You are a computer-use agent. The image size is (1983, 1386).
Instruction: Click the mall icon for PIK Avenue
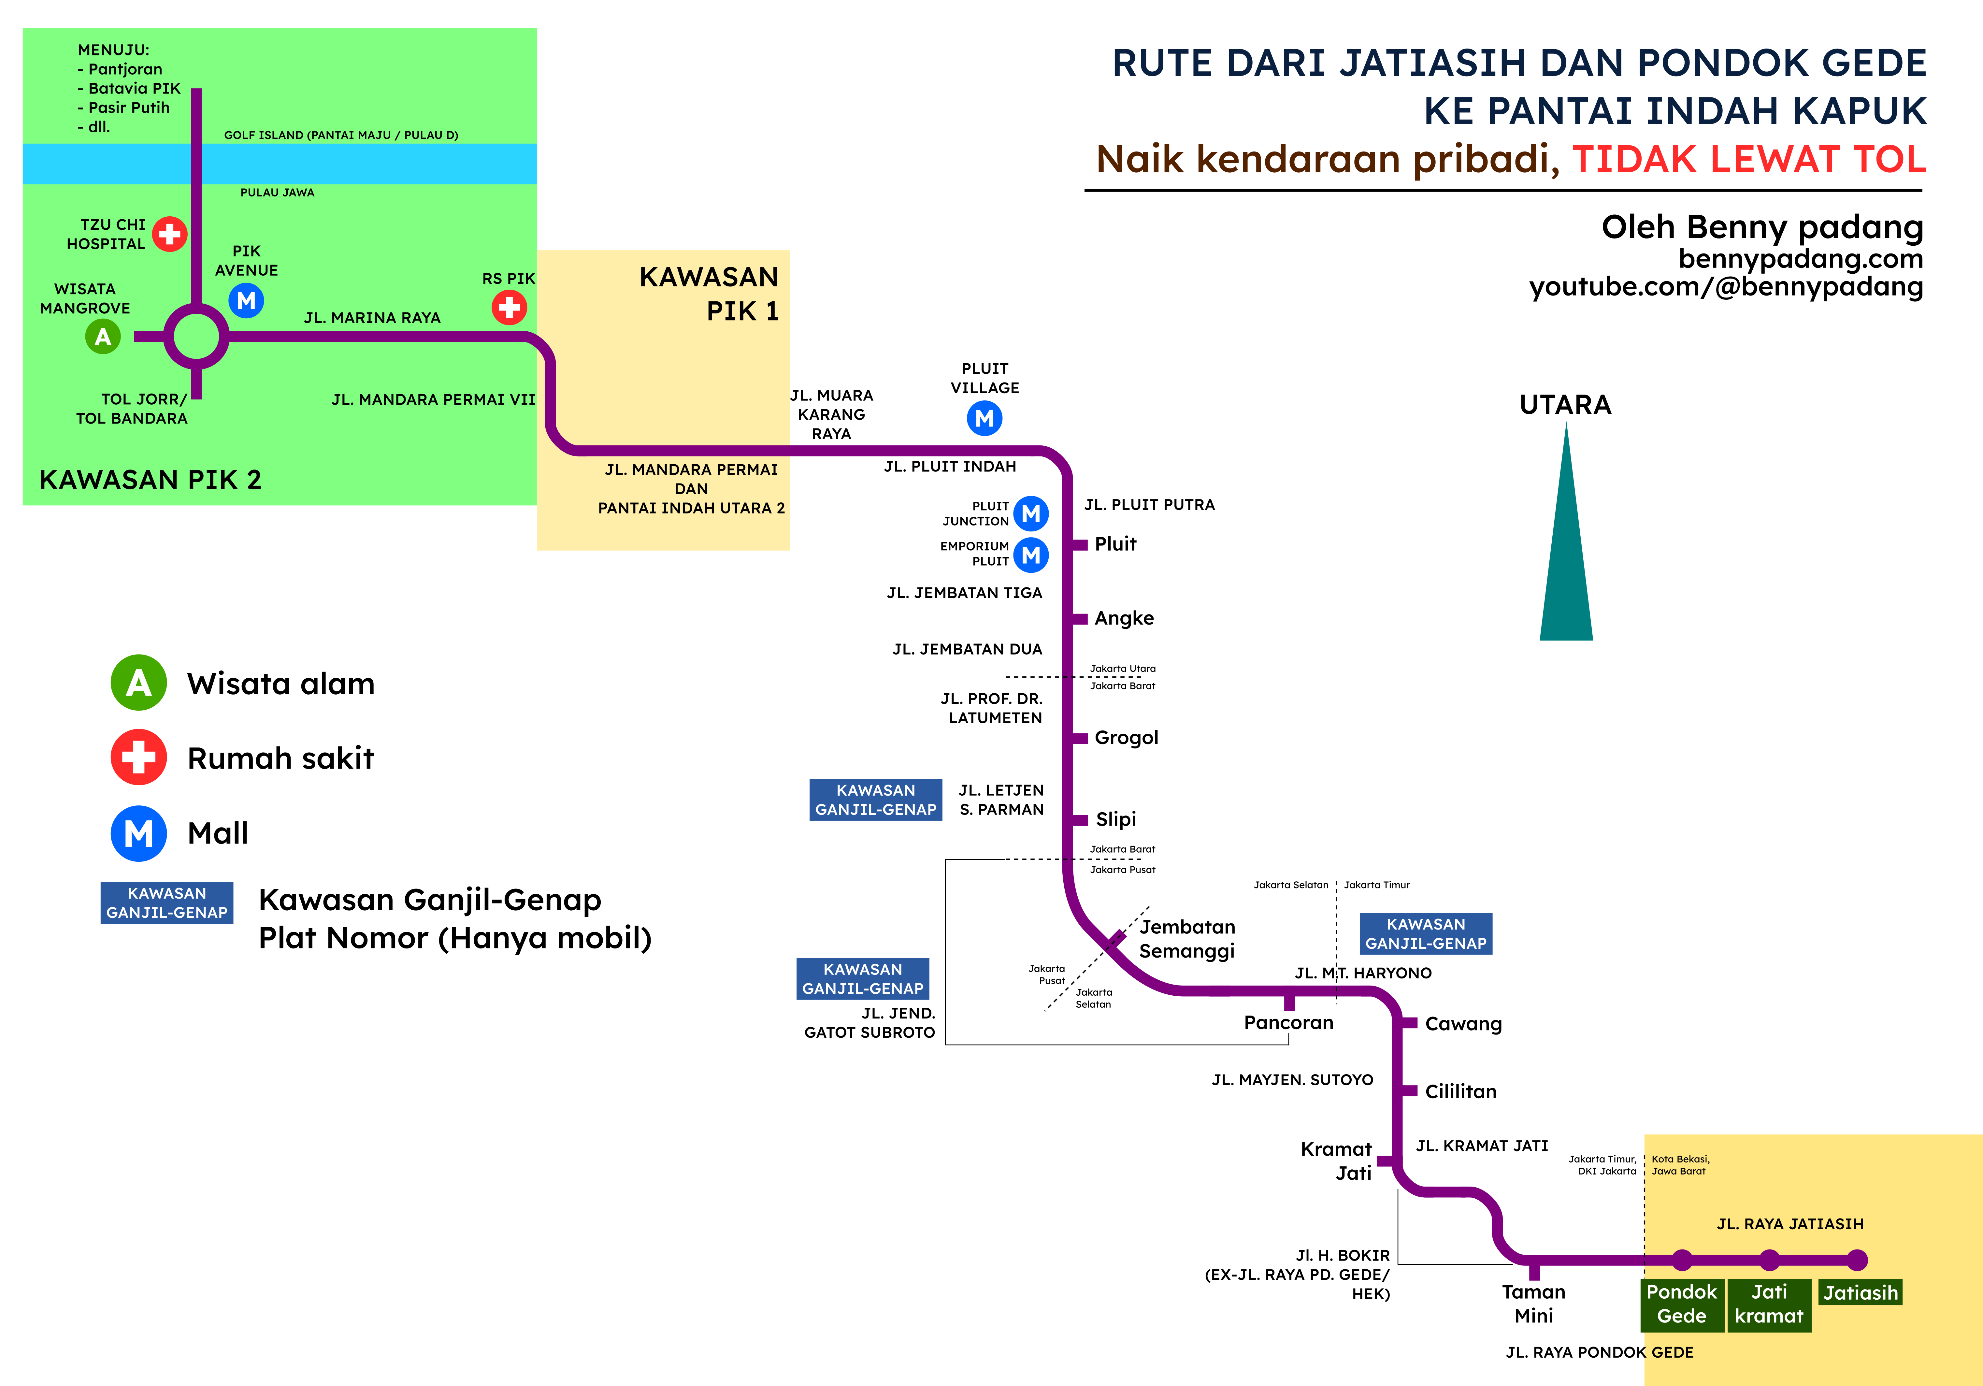(246, 300)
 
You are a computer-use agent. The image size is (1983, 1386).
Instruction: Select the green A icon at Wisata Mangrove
(103, 337)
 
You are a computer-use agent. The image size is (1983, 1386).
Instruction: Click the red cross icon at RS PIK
(509, 307)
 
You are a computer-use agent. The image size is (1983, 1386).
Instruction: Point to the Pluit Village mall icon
(984, 419)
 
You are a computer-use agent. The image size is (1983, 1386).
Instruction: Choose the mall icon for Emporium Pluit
(1030, 555)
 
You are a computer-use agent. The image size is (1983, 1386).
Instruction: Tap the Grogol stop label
(1125, 737)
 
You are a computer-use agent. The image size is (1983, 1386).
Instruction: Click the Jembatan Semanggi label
(1187, 939)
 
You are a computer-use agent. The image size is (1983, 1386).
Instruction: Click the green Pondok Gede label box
(1681, 1304)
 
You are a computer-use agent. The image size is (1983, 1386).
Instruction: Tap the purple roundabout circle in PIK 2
(197, 337)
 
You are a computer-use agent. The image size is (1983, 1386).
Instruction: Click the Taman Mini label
(1533, 1304)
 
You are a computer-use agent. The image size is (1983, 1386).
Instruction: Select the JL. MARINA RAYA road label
(372, 318)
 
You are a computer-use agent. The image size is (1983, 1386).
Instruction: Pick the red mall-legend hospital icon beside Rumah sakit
(138, 757)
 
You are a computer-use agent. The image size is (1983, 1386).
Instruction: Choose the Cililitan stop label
(1459, 1091)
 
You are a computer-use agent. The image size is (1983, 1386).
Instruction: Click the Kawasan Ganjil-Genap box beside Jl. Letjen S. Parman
(875, 800)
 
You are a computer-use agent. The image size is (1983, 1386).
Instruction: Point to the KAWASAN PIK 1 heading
(708, 294)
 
